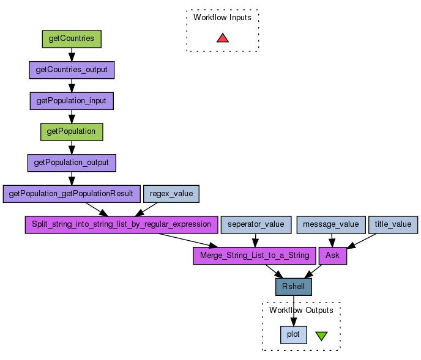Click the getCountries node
click(x=71, y=39)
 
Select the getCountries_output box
click(x=72, y=70)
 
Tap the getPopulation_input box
click(x=72, y=100)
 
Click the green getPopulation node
click(x=72, y=131)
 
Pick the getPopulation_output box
click(x=72, y=163)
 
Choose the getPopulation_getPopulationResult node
click(x=71, y=194)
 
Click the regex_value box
click(x=171, y=194)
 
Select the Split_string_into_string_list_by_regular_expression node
click(x=121, y=224)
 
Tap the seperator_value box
click(x=256, y=224)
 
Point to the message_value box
click(x=331, y=224)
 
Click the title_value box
click(x=393, y=224)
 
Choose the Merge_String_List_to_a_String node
click(x=254, y=255)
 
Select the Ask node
click(x=333, y=255)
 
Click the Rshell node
click(x=294, y=287)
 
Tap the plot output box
click(x=293, y=334)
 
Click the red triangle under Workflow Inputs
click(x=223, y=38)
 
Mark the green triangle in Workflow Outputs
click(x=321, y=336)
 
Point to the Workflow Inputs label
click(x=222, y=18)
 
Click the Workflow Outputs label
click(x=301, y=310)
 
